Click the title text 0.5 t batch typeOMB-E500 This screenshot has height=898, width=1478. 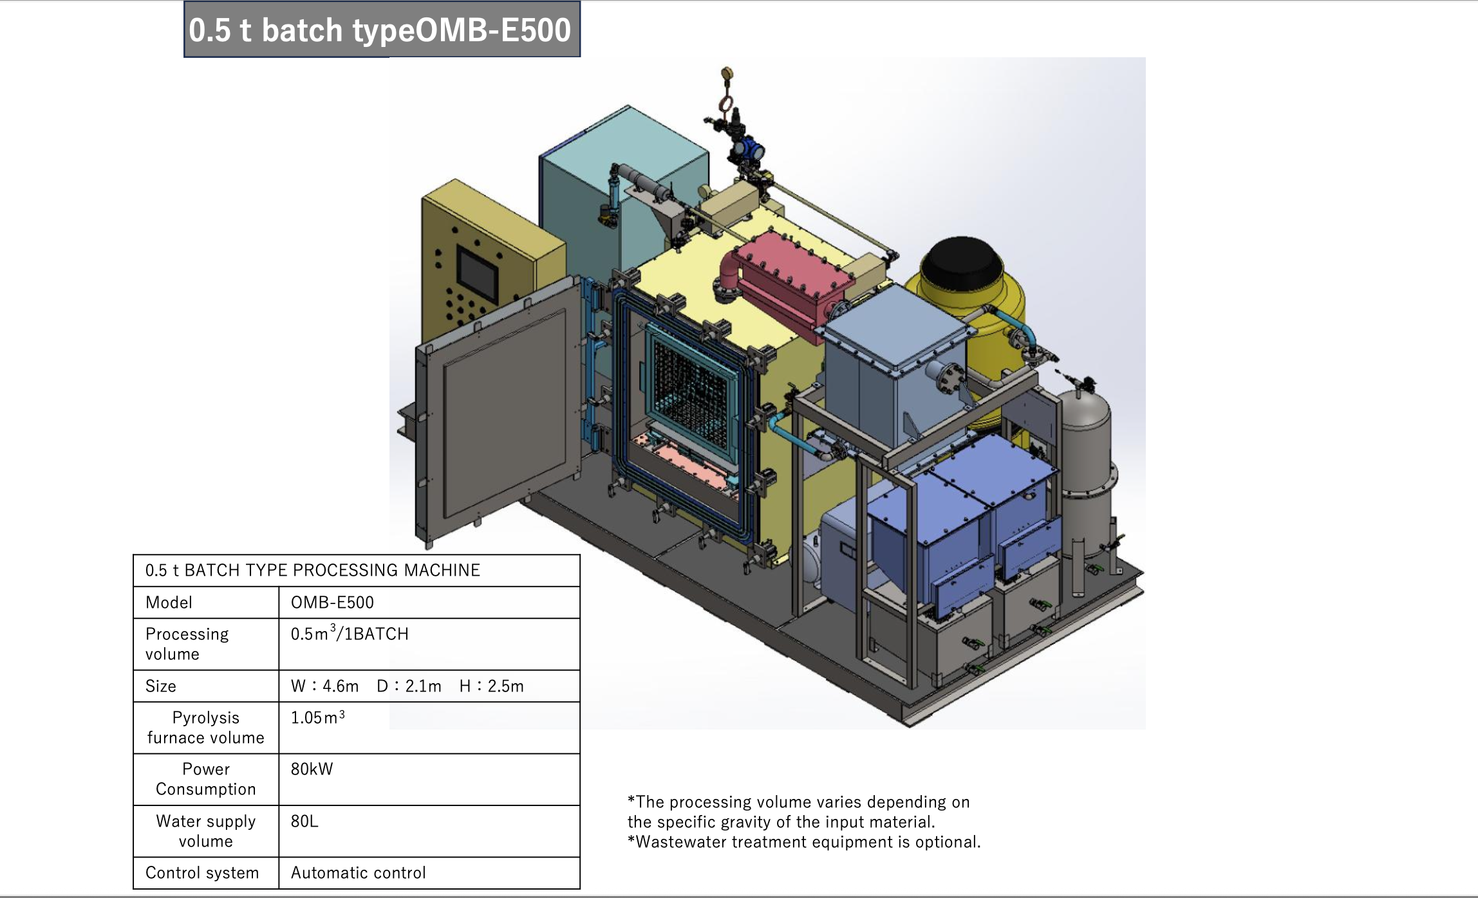pyautogui.click(x=380, y=30)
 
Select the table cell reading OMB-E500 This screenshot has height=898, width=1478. pyautogui.click(x=332, y=603)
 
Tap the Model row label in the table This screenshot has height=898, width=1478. pyautogui.click(x=169, y=603)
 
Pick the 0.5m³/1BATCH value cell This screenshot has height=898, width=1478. pyautogui.click(x=350, y=634)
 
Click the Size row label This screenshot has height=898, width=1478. pyautogui.click(x=160, y=686)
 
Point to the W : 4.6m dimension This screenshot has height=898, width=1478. pyautogui.click(x=324, y=686)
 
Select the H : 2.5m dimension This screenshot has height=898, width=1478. pyautogui.click(x=492, y=686)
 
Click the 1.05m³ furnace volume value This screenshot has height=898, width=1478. pyautogui.click(x=317, y=717)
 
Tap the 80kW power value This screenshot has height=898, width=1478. pyautogui.click(x=312, y=769)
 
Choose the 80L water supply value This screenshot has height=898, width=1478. pyautogui.click(x=304, y=821)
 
